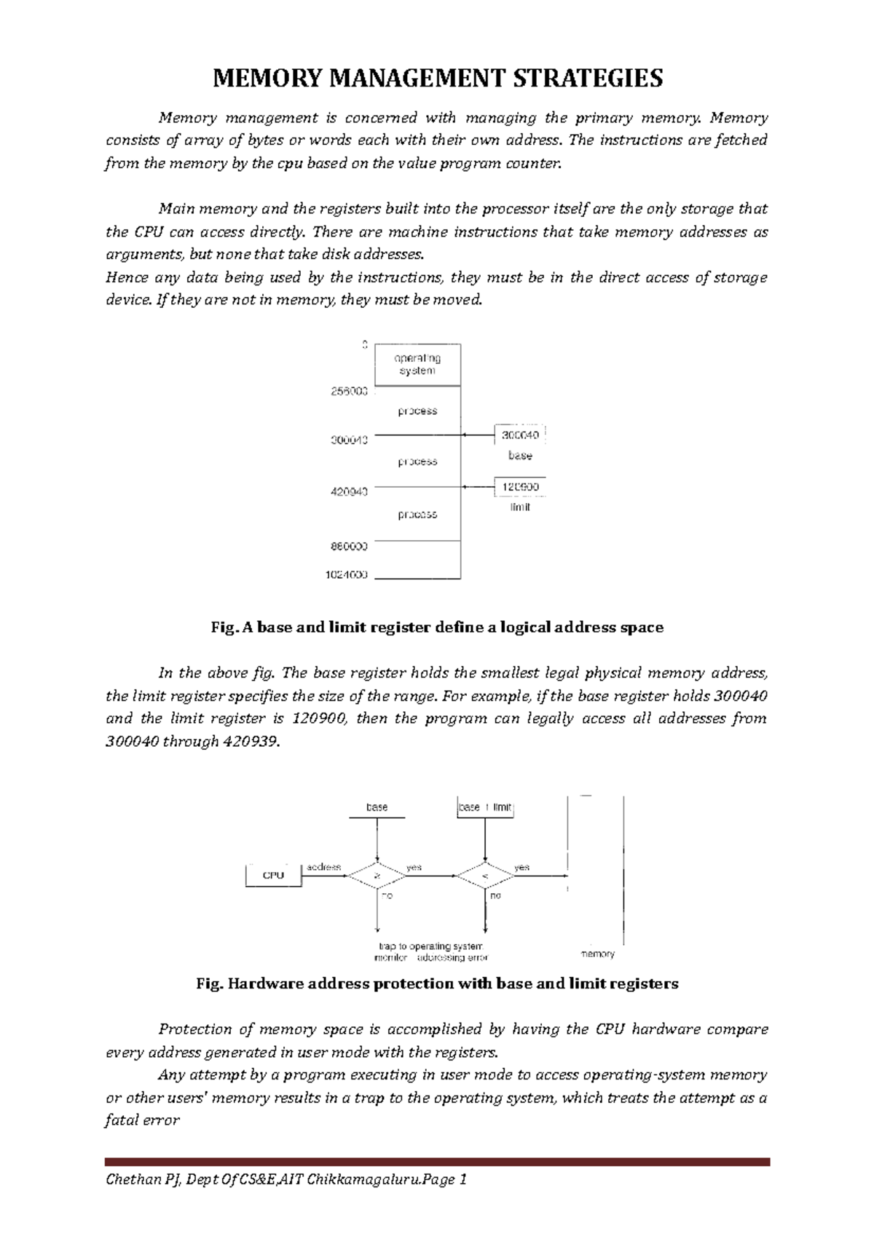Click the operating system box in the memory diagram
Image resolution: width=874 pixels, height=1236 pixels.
(x=417, y=365)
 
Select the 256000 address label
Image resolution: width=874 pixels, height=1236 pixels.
(x=350, y=391)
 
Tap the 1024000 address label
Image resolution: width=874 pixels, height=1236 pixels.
(x=346, y=574)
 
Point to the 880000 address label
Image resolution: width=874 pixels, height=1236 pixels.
(x=350, y=545)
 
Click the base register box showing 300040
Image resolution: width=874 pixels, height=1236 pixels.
(x=520, y=435)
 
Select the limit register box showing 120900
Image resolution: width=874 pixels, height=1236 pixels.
(x=520, y=486)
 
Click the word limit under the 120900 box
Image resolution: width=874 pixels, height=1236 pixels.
(x=520, y=507)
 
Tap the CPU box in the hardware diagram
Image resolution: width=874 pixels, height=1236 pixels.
(x=273, y=875)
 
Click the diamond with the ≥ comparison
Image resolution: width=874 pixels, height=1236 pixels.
(x=377, y=876)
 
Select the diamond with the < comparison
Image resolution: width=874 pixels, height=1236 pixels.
(x=484, y=876)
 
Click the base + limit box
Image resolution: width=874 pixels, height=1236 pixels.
(x=485, y=807)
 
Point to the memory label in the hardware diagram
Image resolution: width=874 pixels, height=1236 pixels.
(x=597, y=954)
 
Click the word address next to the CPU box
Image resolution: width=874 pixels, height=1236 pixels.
(x=323, y=867)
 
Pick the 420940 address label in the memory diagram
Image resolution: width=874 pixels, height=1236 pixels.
(x=350, y=491)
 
